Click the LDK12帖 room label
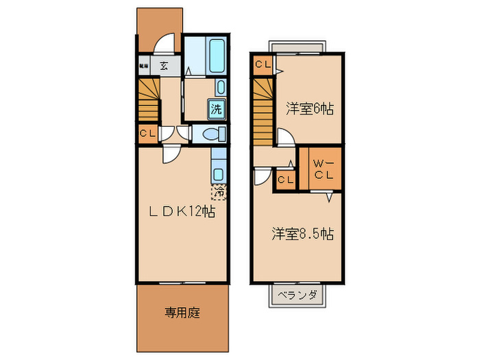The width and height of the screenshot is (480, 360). tap(182, 212)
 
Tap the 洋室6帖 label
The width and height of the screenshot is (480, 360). tap(310, 108)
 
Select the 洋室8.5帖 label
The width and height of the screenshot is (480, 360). tap(302, 234)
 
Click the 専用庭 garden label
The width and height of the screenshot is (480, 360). tap(182, 313)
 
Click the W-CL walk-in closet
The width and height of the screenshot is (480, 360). tap(324, 168)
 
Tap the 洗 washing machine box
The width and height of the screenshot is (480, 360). tap(216, 108)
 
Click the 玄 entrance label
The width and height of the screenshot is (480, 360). tap(165, 67)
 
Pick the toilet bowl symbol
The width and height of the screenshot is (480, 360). tap(211, 133)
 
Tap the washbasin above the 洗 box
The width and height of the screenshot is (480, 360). tap(220, 86)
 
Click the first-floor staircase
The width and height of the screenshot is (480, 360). tap(149, 99)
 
